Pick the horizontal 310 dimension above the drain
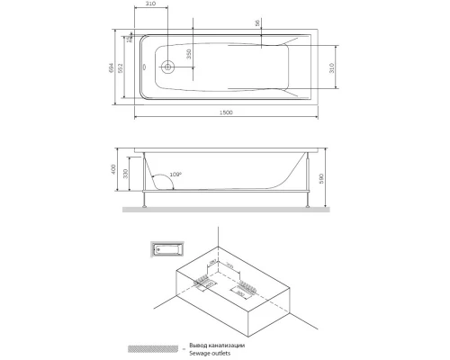point(149,5)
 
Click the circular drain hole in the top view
point(166,67)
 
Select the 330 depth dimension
point(127,174)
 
